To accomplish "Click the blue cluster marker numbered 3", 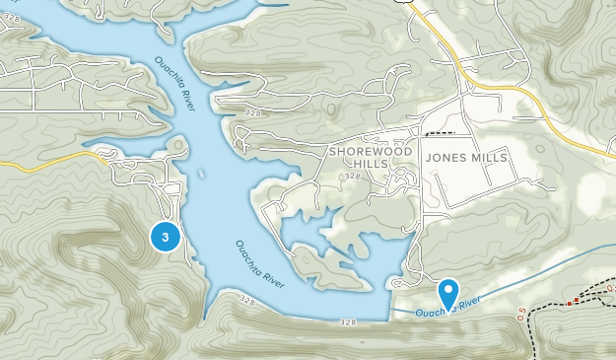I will tap(165, 237).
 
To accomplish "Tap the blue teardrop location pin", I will tap(448, 293).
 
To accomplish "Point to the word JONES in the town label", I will tap(445, 158).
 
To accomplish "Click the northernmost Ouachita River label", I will tap(174, 84).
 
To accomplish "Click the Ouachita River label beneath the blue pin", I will tap(447, 308).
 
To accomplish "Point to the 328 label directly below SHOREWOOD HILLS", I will tap(352, 177).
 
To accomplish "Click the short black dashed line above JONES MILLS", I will tap(440, 132).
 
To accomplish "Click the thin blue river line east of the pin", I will tap(552, 275).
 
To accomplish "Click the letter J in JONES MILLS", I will tap(429, 158).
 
